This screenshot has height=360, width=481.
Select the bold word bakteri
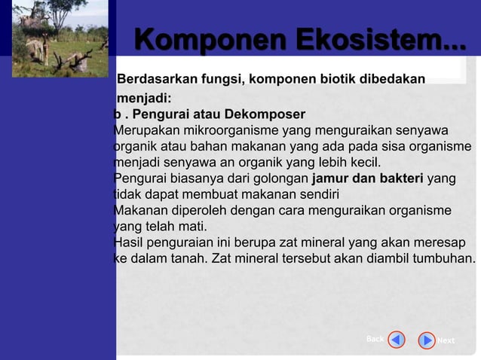coord(399,178)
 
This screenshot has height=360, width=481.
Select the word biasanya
coord(193,178)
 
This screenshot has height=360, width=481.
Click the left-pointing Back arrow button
coord(397,340)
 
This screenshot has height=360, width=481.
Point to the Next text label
coord(446,340)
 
